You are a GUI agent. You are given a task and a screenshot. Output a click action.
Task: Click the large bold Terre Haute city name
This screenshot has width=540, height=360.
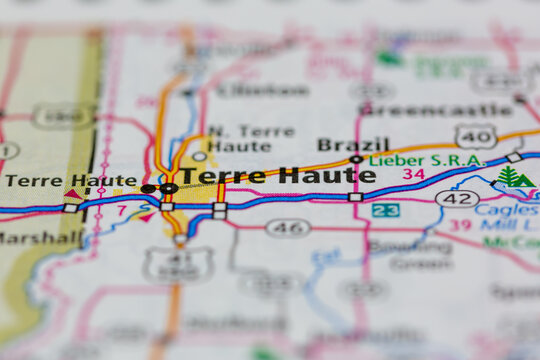(278, 176)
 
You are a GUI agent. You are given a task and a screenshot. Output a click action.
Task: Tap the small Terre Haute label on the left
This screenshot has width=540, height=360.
(70, 181)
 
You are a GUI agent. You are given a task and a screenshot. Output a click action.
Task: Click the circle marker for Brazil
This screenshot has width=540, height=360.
(356, 159)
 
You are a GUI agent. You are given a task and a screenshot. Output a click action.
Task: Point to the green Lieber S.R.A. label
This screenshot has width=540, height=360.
(426, 160)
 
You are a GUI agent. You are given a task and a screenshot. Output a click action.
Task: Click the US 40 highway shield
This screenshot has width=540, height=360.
(475, 135)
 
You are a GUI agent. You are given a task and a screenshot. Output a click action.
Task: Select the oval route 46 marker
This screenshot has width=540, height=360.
(287, 228)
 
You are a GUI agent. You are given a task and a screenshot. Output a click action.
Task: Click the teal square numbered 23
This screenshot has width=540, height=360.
(385, 210)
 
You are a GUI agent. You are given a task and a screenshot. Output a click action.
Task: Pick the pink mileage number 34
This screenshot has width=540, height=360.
(414, 175)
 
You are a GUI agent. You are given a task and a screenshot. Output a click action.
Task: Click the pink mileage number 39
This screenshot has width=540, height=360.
(460, 225)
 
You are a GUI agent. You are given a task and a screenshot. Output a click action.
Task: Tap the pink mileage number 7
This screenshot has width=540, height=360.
(121, 211)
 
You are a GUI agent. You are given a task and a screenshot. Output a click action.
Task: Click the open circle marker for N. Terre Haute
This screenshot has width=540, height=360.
(200, 156)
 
